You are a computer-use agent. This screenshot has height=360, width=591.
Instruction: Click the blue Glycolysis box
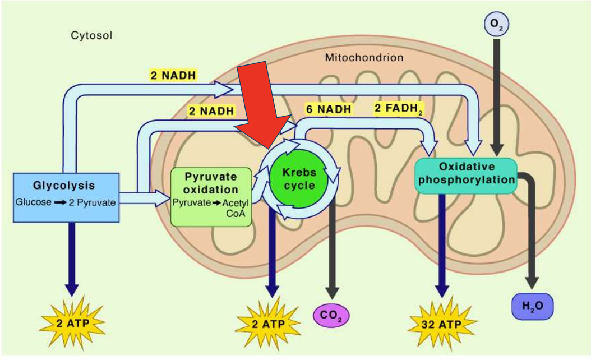coord(66,197)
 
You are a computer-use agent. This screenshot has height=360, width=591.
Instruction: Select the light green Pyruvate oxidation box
coord(211,197)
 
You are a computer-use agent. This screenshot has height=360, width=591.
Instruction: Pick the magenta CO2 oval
coord(330,315)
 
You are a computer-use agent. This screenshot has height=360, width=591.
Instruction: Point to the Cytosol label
coord(91,36)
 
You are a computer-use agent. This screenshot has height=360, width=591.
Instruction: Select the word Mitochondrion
coord(363,57)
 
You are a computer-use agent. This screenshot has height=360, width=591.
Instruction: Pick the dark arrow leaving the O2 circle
coord(496,95)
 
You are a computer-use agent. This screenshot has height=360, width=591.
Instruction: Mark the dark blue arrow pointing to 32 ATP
coord(442,247)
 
